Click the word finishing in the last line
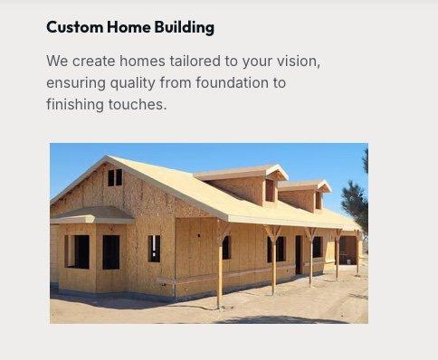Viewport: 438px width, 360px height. point(77,104)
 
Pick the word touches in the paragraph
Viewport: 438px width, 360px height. point(141,104)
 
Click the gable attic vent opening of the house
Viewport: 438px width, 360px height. point(115,177)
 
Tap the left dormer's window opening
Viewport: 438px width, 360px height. point(269,190)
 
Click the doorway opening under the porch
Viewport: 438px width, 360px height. point(298,254)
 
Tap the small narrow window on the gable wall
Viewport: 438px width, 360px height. point(154,248)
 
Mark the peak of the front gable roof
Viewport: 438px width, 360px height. point(112,158)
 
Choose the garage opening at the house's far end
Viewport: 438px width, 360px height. point(348,248)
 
